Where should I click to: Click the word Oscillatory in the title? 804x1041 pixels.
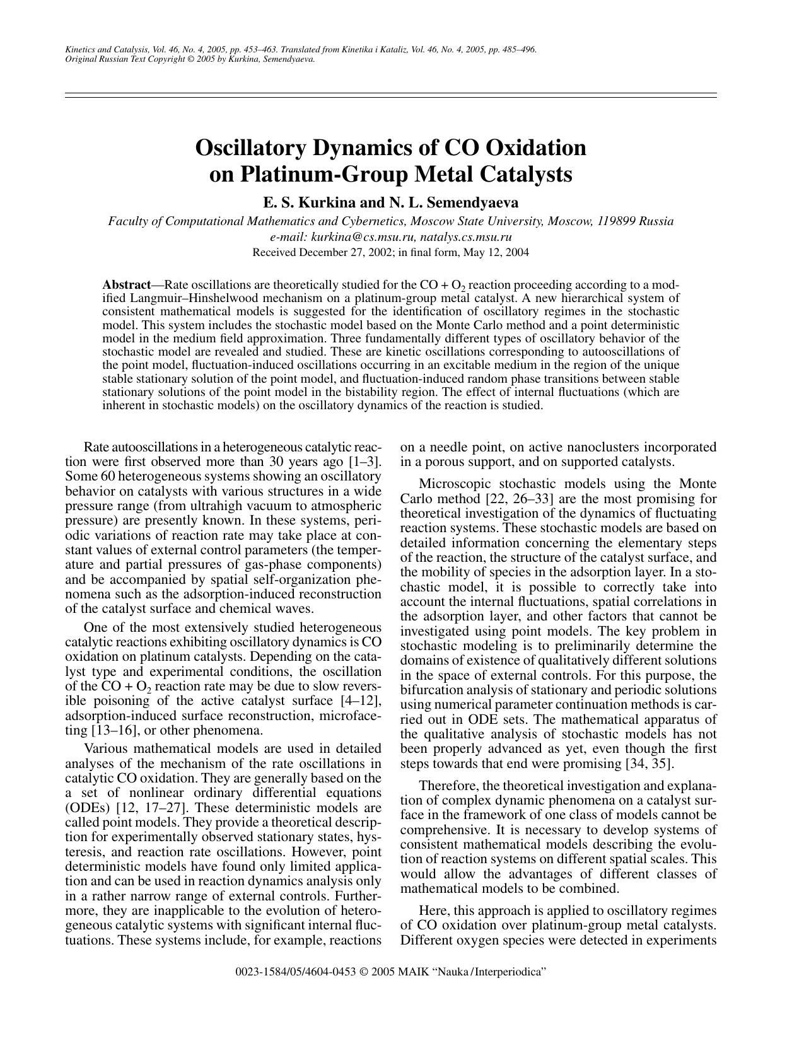[250, 148]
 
